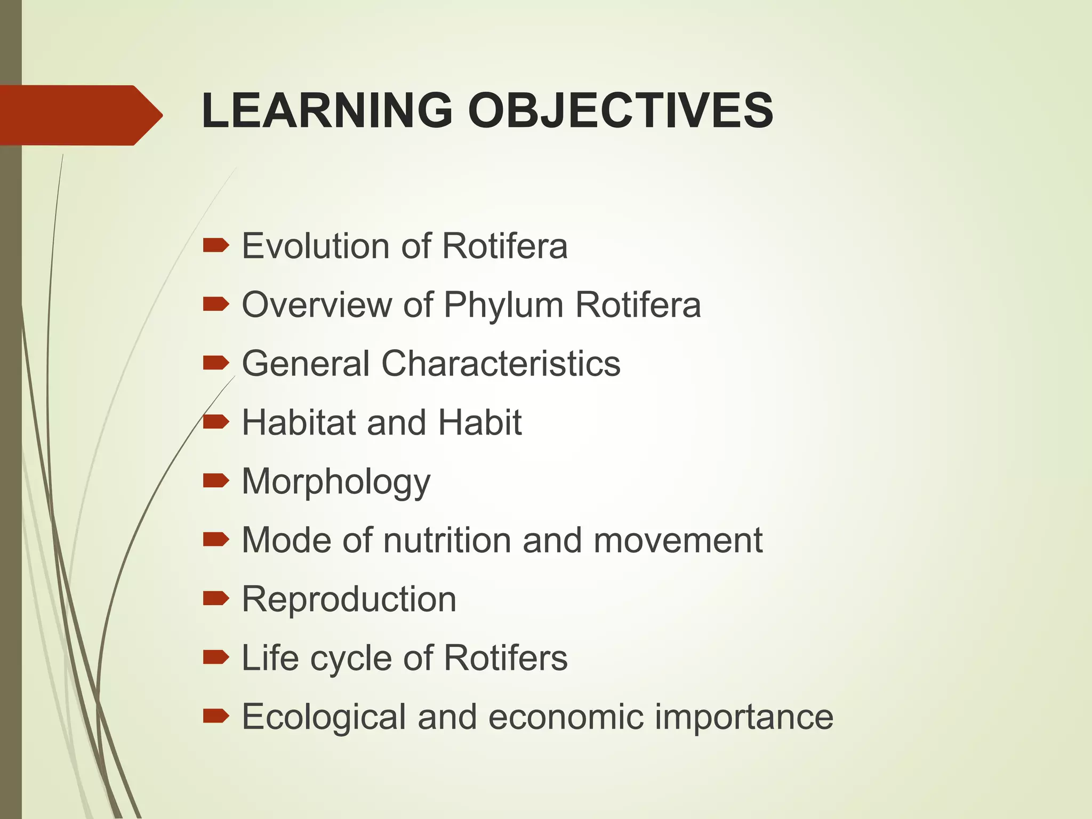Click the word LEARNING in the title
(x=327, y=110)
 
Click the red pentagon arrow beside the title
(x=80, y=115)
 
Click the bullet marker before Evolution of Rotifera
(x=216, y=246)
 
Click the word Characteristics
(x=501, y=364)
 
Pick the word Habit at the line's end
(x=479, y=422)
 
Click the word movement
(x=678, y=540)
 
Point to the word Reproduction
(x=349, y=599)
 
